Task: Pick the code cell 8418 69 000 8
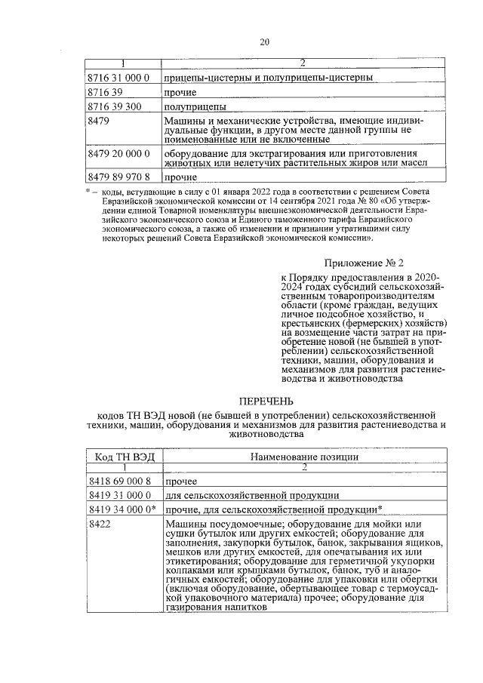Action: click(x=120, y=481)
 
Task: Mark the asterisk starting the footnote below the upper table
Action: click(x=89, y=192)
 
